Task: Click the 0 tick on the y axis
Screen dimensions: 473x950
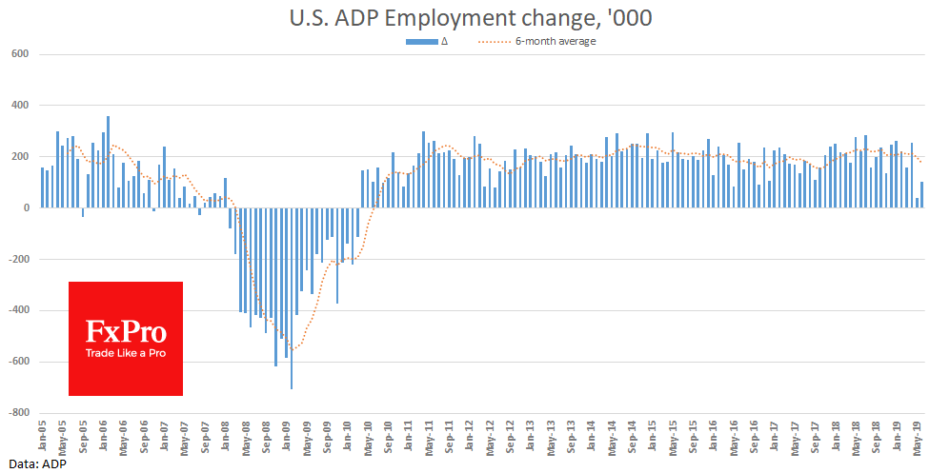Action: [27, 207]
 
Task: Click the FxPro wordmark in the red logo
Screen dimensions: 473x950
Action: [126, 332]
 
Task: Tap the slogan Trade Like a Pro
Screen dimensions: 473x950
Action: [126, 354]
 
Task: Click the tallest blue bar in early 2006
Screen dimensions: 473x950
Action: [109, 162]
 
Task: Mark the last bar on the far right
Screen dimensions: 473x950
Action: [922, 194]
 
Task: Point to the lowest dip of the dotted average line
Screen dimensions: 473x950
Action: [293, 349]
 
